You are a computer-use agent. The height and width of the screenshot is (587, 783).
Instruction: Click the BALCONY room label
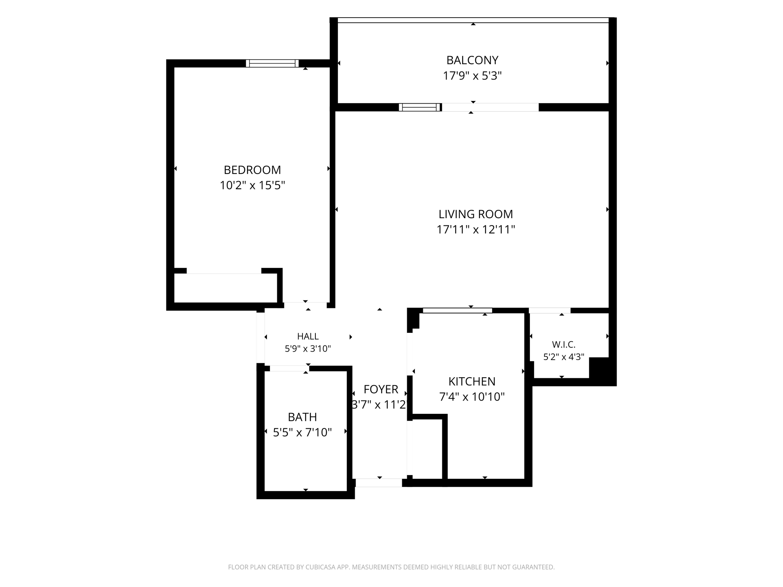(x=472, y=60)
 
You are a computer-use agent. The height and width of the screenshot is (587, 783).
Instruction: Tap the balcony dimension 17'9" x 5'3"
(x=472, y=76)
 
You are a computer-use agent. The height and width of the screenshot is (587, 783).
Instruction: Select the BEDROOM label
(x=252, y=170)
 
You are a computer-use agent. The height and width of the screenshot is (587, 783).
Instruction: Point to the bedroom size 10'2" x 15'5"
(x=252, y=185)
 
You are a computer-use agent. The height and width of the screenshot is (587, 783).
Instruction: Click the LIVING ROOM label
(x=476, y=214)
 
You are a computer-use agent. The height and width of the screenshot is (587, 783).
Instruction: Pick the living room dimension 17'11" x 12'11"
(x=476, y=230)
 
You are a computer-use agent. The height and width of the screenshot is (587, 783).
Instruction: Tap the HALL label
(x=308, y=336)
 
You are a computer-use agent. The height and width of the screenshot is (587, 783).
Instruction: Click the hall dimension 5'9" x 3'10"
(x=308, y=349)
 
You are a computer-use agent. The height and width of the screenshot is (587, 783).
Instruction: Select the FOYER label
(x=381, y=389)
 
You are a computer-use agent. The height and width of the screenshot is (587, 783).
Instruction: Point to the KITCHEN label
(x=472, y=381)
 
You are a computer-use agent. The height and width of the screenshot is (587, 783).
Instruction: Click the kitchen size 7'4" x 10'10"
(x=472, y=397)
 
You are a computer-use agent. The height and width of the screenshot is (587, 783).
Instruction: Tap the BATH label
(x=302, y=417)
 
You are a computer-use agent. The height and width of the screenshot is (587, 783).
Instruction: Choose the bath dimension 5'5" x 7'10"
(x=302, y=433)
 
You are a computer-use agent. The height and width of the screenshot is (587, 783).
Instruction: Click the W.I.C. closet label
(x=564, y=345)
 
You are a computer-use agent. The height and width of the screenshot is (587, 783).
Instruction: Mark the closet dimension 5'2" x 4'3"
(x=564, y=357)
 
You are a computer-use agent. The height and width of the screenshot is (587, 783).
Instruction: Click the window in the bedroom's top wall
(x=272, y=63)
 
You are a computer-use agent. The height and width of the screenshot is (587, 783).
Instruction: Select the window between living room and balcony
(x=420, y=107)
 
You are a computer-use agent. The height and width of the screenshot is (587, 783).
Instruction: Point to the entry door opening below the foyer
(x=379, y=483)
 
